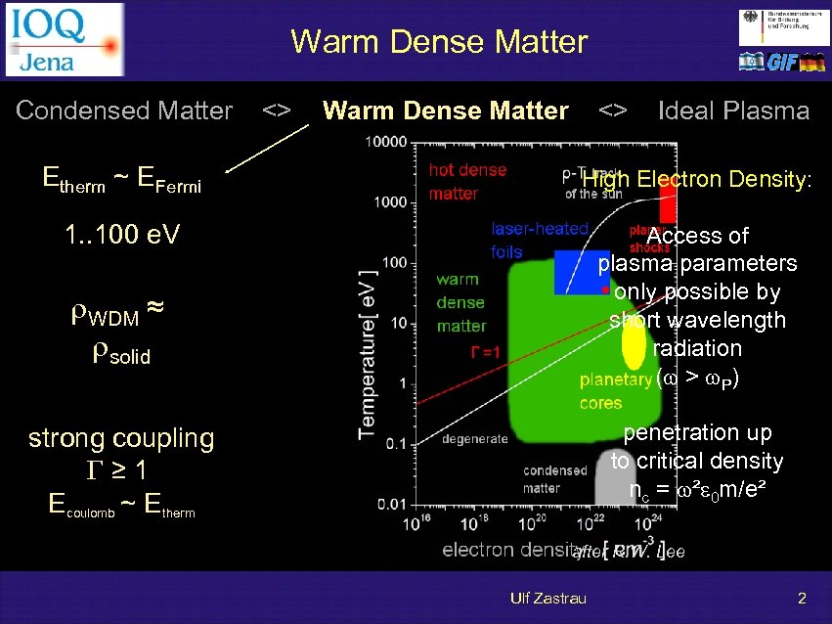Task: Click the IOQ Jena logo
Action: [x=65, y=39]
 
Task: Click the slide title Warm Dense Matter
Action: [x=439, y=42]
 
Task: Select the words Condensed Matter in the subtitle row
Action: [x=124, y=111]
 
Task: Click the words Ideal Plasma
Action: [x=733, y=111]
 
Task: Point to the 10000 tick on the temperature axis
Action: [x=386, y=142]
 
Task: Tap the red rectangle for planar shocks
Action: [x=668, y=201]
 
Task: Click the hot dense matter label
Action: [x=467, y=181]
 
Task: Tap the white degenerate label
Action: [x=475, y=439]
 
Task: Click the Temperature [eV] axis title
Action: [x=367, y=352]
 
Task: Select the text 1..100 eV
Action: [x=120, y=236]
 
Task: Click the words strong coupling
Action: [x=121, y=437]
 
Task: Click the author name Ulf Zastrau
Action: [x=548, y=598]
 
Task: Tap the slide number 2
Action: [x=802, y=598]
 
